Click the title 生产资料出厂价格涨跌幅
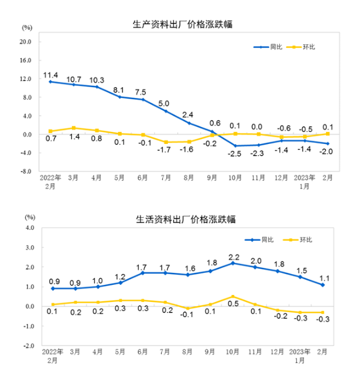[179, 24]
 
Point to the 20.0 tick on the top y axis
[26, 42]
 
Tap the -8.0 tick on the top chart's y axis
[26, 171]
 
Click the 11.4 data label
[51, 75]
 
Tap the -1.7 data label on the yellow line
[165, 149]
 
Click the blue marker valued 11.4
[51, 82]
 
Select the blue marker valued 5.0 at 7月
[166, 111]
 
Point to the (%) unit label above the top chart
[27, 28]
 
